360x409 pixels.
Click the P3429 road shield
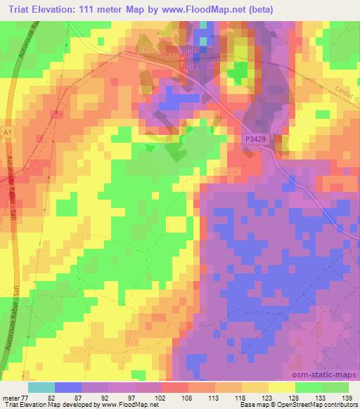[x=257, y=141]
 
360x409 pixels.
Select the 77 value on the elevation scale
[x=27, y=397]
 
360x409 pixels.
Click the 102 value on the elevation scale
[x=161, y=397]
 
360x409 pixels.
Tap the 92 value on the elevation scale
[x=108, y=397]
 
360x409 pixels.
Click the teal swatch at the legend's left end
[x=41, y=387]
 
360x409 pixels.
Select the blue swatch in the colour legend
[x=67, y=387]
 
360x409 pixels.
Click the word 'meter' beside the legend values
[x=11, y=397]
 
